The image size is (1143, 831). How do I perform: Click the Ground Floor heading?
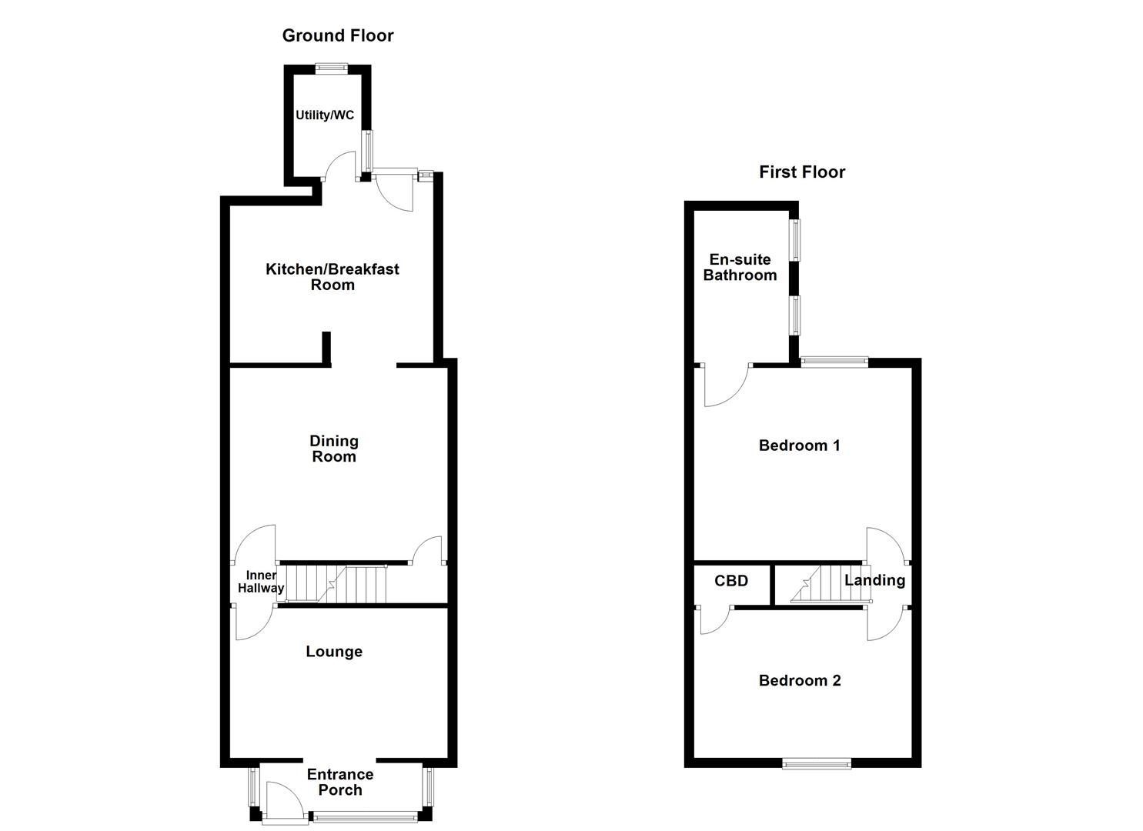click(x=337, y=35)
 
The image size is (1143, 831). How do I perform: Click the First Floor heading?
click(x=801, y=172)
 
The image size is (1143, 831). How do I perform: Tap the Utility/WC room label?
click(x=325, y=115)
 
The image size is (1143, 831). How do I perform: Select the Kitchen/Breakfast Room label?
click(x=333, y=277)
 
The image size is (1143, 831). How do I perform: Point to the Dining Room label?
click(x=333, y=449)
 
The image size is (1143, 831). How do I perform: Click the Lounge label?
click(x=333, y=652)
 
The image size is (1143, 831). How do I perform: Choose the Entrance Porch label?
click(x=339, y=782)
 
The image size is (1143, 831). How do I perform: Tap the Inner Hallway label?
click(x=260, y=582)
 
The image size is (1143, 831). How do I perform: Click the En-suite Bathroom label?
click(x=740, y=268)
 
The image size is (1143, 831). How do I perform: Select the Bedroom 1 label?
click(x=799, y=446)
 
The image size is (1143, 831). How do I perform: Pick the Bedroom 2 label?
click(x=799, y=680)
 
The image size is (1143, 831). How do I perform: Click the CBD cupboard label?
click(x=730, y=581)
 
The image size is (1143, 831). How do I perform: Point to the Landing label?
click(x=874, y=580)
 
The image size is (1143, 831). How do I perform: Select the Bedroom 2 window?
click(x=817, y=763)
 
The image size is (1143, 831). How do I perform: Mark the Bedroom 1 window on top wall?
click(x=834, y=360)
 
